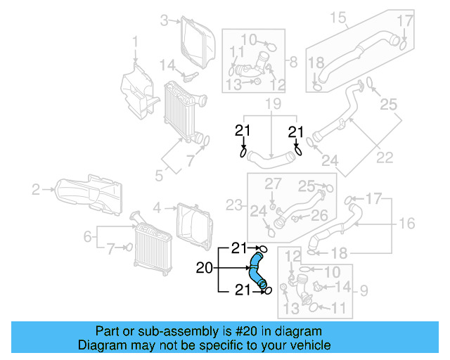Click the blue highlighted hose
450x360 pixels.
(x=257, y=270)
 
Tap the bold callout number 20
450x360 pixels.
(x=204, y=267)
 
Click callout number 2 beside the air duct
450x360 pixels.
(x=36, y=188)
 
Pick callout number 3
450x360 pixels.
(x=165, y=20)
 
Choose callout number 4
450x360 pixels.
(x=157, y=207)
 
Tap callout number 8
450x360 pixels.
(x=293, y=60)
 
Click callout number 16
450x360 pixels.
(x=407, y=224)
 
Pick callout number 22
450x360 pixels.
(x=385, y=157)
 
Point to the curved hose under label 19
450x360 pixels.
(x=271, y=158)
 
